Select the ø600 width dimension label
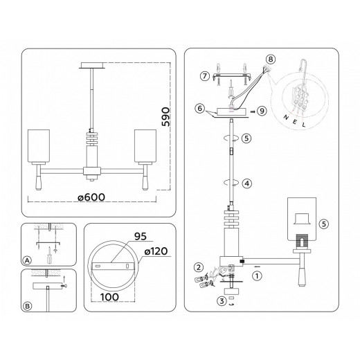pos(90,197)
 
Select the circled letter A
pos(27,261)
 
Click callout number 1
pos(257,276)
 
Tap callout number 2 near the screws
pos(198,267)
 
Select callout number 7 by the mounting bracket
pos(204,75)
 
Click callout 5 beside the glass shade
pos(323,224)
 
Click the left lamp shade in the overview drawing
pos(37,144)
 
